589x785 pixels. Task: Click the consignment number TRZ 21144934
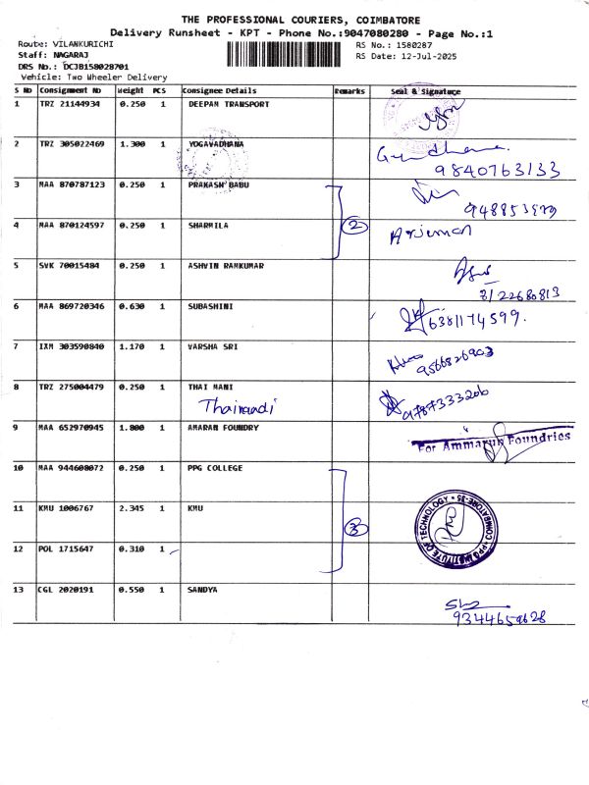tap(70, 103)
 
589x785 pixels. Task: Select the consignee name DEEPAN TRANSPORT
tap(228, 103)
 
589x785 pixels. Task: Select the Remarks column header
tap(349, 90)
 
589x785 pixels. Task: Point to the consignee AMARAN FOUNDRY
tap(225, 428)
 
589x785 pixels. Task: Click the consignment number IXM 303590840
tap(70, 346)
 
